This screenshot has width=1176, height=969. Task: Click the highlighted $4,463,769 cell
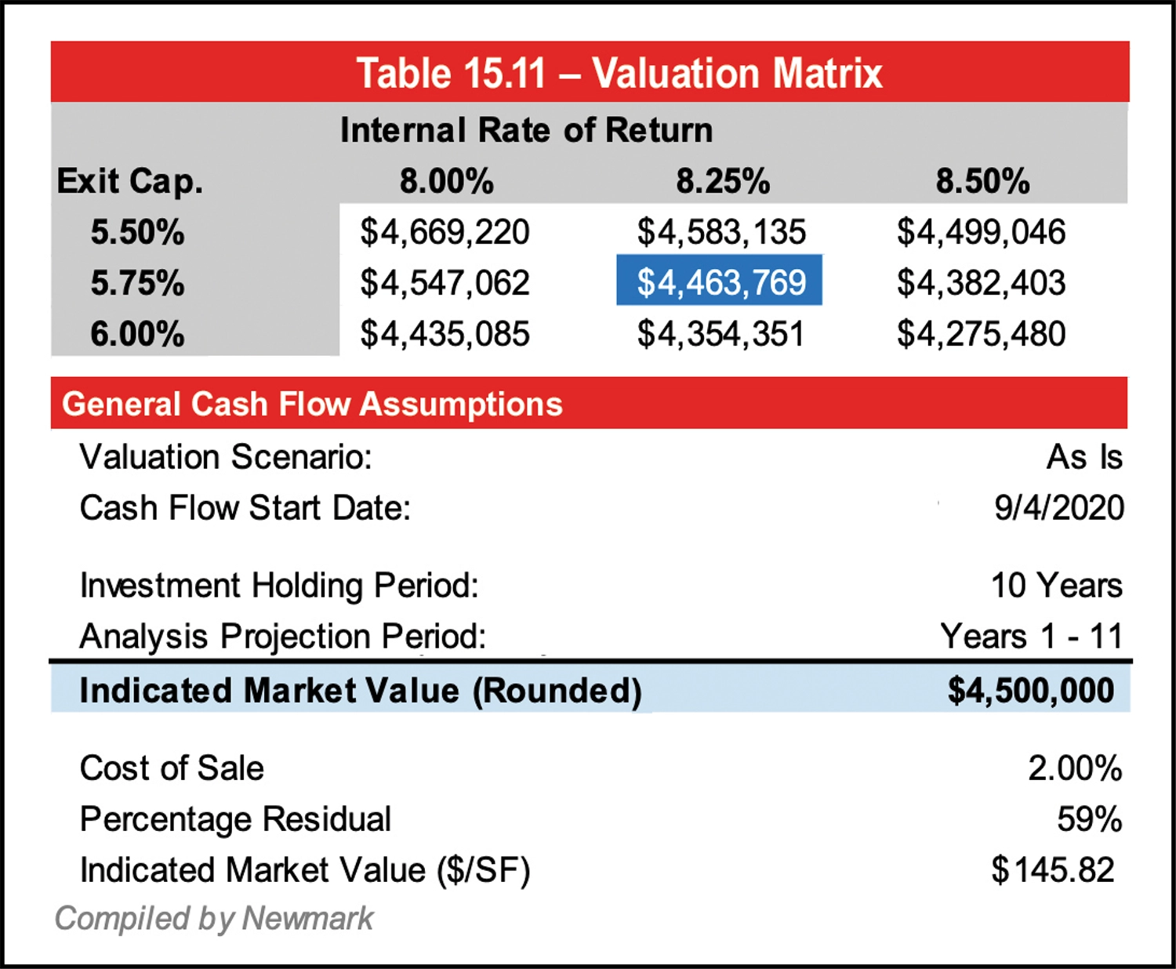(720, 281)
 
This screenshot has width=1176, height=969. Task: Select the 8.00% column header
(446, 181)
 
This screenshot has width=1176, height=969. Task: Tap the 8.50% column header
(982, 181)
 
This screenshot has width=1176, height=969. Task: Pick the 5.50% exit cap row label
(137, 232)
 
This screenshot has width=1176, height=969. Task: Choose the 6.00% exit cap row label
(137, 334)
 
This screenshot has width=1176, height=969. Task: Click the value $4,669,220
(445, 232)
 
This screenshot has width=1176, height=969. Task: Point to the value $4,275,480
(981, 334)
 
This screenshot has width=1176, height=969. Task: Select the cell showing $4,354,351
(720, 334)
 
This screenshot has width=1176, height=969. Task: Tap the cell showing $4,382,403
(981, 283)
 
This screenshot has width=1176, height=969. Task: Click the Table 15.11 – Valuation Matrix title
(619, 73)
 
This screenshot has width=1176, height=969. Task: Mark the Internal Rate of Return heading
(526, 130)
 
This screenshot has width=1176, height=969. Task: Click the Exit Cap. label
(129, 181)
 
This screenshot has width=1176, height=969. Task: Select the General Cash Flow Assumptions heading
(312, 404)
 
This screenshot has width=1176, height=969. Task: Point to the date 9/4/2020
(1058, 508)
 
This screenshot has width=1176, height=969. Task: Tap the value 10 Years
(1056, 586)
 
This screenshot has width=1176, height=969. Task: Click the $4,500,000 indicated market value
(1030, 690)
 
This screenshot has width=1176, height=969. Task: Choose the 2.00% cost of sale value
(1074, 768)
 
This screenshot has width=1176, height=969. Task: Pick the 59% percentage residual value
(1089, 819)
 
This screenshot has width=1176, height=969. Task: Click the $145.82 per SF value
(1052, 870)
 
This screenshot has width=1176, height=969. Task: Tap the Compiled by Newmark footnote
(214, 918)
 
